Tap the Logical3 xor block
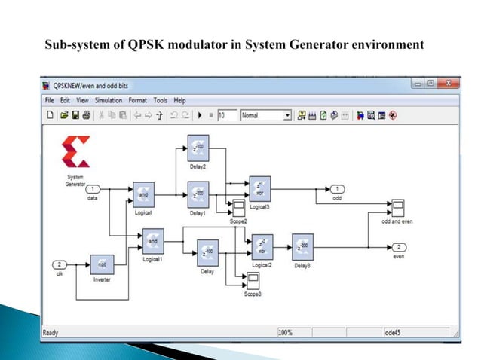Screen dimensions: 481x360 [259, 186]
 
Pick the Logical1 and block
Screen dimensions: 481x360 [152, 241]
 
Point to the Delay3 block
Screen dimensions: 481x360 [302, 246]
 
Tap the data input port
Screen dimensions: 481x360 [93, 188]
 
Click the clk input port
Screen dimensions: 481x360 [60, 264]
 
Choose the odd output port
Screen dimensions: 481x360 [337, 188]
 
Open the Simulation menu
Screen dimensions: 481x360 [109, 100]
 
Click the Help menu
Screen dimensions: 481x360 [179, 100]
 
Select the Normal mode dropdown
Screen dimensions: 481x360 [265, 115]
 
